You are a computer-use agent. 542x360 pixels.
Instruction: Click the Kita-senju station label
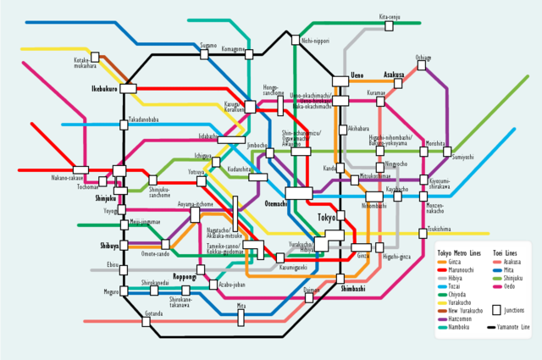click(x=389, y=16)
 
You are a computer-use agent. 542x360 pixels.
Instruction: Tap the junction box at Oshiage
click(x=423, y=68)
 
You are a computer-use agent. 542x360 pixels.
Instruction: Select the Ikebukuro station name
click(x=105, y=88)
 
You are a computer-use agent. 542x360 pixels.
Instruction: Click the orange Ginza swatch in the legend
click(x=440, y=263)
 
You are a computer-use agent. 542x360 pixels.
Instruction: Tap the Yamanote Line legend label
click(x=512, y=328)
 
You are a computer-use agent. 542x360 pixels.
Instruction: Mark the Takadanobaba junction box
click(x=124, y=126)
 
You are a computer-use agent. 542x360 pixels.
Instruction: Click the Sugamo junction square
click(x=203, y=54)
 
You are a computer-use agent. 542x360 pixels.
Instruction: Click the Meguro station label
click(x=112, y=292)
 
